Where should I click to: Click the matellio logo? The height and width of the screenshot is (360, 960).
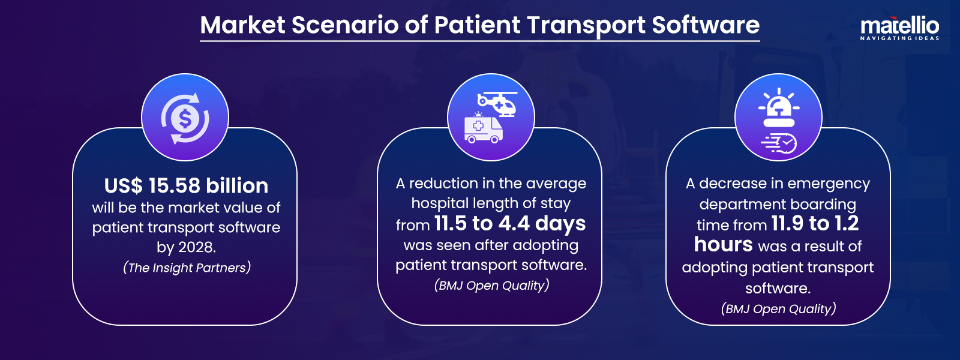click(x=899, y=26)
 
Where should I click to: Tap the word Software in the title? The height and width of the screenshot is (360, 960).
click(x=706, y=25)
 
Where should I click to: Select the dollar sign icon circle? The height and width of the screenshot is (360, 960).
click(x=185, y=118)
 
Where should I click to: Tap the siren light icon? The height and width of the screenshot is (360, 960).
click(x=779, y=109)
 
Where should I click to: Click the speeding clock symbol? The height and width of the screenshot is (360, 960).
click(x=780, y=143)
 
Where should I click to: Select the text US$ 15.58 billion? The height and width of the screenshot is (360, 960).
click(x=186, y=185)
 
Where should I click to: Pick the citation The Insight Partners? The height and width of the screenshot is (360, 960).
click(x=187, y=268)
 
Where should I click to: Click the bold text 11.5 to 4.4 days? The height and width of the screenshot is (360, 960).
click(x=509, y=223)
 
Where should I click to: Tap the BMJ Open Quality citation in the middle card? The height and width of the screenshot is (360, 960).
click(x=491, y=286)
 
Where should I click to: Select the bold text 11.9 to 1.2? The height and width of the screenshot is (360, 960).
click(x=815, y=223)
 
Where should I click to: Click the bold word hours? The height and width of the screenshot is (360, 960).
click(x=723, y=245)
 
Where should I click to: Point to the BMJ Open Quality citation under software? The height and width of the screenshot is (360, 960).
click(x=778, y=309)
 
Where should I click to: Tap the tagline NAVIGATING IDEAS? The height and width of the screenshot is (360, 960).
click(x=899, y=38)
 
